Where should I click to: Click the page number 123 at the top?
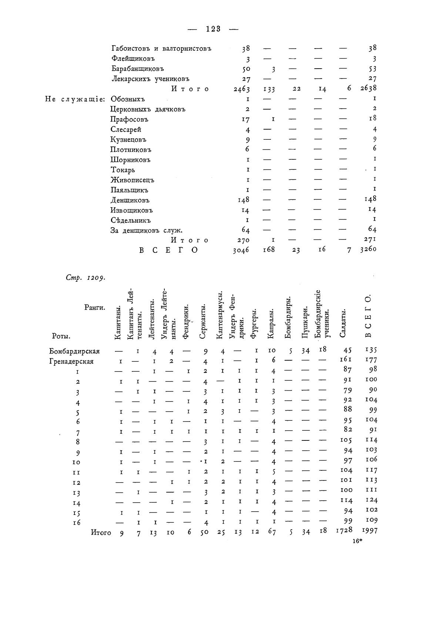click(x=213, y=29)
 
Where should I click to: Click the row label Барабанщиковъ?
click(x=137, y=69)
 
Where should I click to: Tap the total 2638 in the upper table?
click(x=368, y=88)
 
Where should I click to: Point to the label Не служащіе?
click(x=75, y=99)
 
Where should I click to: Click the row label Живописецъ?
click(x=132, y=180)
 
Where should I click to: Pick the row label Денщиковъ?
click(x=130, y=200)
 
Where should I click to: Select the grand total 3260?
click(x=368, y=249)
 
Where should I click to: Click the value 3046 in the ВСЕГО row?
click(x=241, y=250)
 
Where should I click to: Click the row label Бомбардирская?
click(x=74, y=351)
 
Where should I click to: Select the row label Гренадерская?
click(x=71, y=361)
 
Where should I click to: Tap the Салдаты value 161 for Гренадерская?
click(x=346, y=359)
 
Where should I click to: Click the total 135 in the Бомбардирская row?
click(x=371, y=349)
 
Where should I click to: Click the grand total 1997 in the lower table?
click(x=369, y=530)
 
